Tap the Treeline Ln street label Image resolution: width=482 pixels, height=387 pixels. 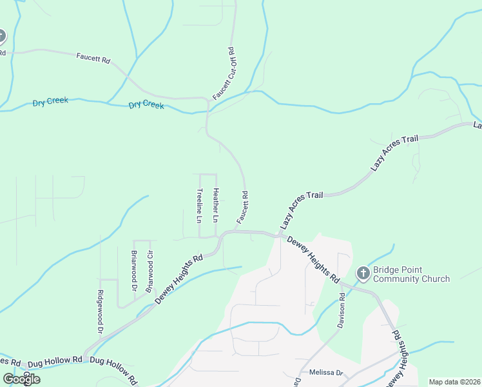(x=200, y=205)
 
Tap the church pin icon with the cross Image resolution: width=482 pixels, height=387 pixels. (x=363, y=274)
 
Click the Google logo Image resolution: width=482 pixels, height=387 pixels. (x=21, y=379)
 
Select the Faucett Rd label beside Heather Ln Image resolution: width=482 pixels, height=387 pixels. (x=243, y=207)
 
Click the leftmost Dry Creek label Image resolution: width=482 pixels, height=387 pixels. (x=50, y=103)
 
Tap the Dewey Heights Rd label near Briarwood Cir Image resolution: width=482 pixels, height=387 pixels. (x=178, y=279)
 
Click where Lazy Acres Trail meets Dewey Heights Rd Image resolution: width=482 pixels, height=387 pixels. (x=279, y=235)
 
